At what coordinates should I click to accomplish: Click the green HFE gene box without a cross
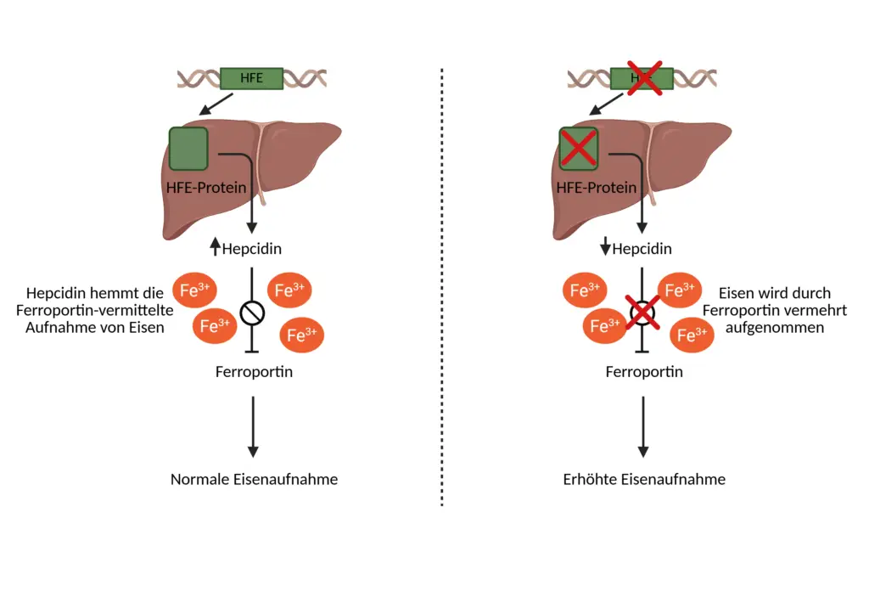click(251, 78)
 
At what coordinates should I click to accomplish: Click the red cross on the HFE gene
click(643, 78)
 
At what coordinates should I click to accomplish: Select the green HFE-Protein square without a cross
click(188, 148)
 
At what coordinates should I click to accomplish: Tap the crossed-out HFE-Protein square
click(579, 148)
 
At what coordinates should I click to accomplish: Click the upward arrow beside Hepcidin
click(215, 248)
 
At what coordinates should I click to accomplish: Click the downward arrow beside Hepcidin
click(604, 248)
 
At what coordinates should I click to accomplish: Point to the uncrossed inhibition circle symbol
click(252, 313)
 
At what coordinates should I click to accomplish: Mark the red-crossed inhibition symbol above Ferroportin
click(643, 313)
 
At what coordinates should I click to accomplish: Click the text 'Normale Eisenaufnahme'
click(254, 479)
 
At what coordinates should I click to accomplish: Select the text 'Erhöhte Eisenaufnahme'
click(644, 479)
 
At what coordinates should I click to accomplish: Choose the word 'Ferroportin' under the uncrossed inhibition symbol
click(254, 372)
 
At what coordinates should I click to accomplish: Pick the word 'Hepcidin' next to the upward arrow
click(252, 249)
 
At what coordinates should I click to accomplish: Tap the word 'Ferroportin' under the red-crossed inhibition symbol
click(644, 372)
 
